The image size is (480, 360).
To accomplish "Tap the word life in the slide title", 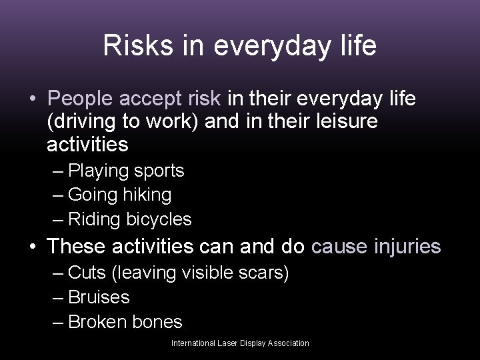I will pyautogui.click(x=356, y=46).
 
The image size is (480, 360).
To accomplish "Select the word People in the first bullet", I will pyautogui.click(x=81, y=99).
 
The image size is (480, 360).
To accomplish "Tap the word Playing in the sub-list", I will pyautogui.click(x=99, y=171).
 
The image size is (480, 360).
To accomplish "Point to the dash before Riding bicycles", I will pyautogui.click(x=58, y=219).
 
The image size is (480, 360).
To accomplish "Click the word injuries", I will pyautogui.click(x=407, y=247).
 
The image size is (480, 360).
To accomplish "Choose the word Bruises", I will pyautogui.click(x=99, y=297).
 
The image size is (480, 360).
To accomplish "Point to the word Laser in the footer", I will pyautogui.click(x=229, y=343).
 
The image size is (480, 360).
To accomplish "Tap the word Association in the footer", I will pyautogui.click(x=287, y=343).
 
